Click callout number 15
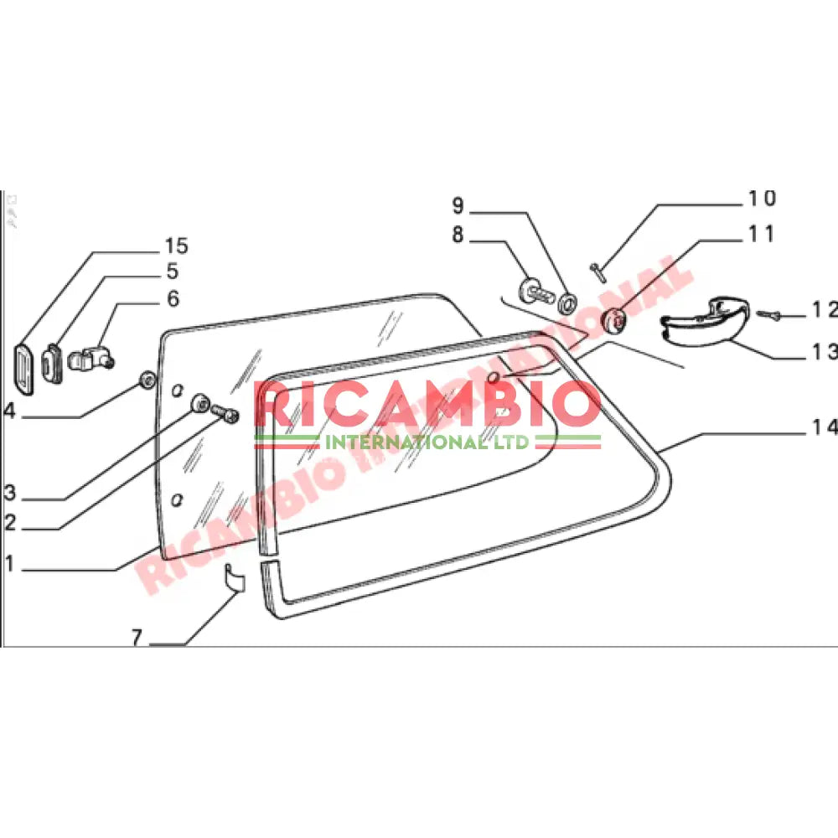pos(176,246)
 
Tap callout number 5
pos(172,272)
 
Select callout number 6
pos(173,298)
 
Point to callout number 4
pos(9,411)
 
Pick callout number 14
pos(825,427)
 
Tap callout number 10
pos(762,199)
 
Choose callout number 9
pos(458,205)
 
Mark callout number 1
pos(9,565)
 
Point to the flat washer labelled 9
pos(567,300)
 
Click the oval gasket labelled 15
pos(24,366)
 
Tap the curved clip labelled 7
pos(232,578)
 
